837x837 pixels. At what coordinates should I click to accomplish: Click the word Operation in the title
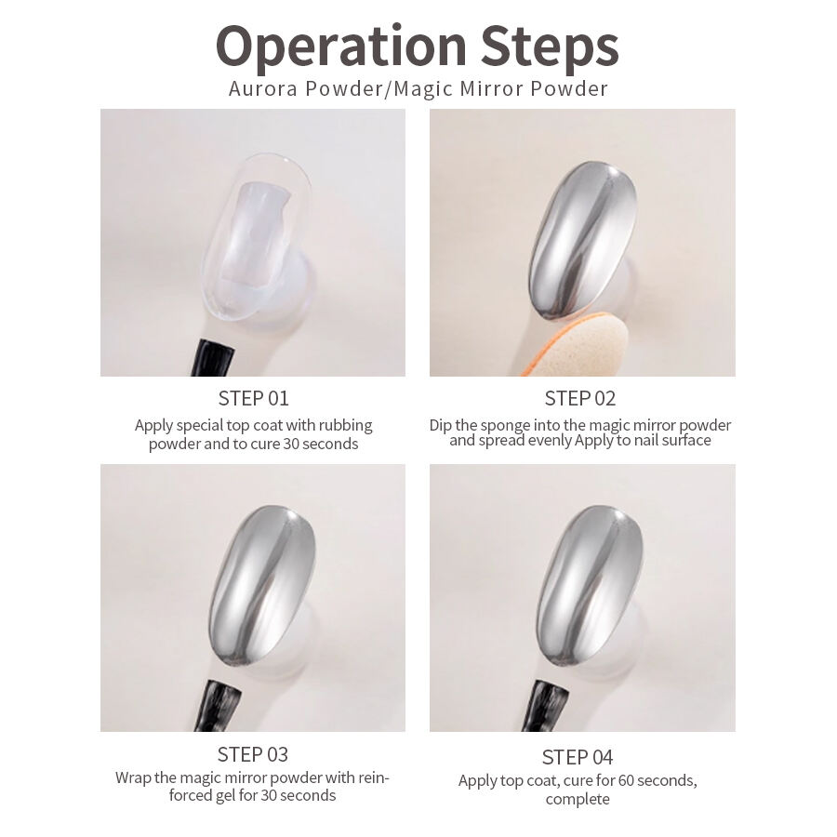pyautogui.click(x=341, y=48)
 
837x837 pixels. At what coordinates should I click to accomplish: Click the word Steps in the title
pyautogui.click(x=550, y=48)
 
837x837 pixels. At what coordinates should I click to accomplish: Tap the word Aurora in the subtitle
pyautogui.click(x=262, y=88)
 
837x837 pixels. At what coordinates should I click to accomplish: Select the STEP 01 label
pyautogui.click(x=254, y=398)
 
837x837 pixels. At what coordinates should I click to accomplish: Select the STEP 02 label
pyautogui.click(x=580, y=398)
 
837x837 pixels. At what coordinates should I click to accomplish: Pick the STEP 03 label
pyautogui.click(x=253, y=754)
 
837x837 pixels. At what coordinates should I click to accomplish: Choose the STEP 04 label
pyautogui.click(x=578, y=757)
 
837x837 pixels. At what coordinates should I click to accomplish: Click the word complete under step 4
pyautogui.click(x=578, y=799)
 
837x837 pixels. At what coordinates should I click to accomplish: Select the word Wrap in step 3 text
pyautogui.click(x=133, y=777)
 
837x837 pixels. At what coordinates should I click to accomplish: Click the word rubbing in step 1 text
pyautogui.click(x=345, y=425)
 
